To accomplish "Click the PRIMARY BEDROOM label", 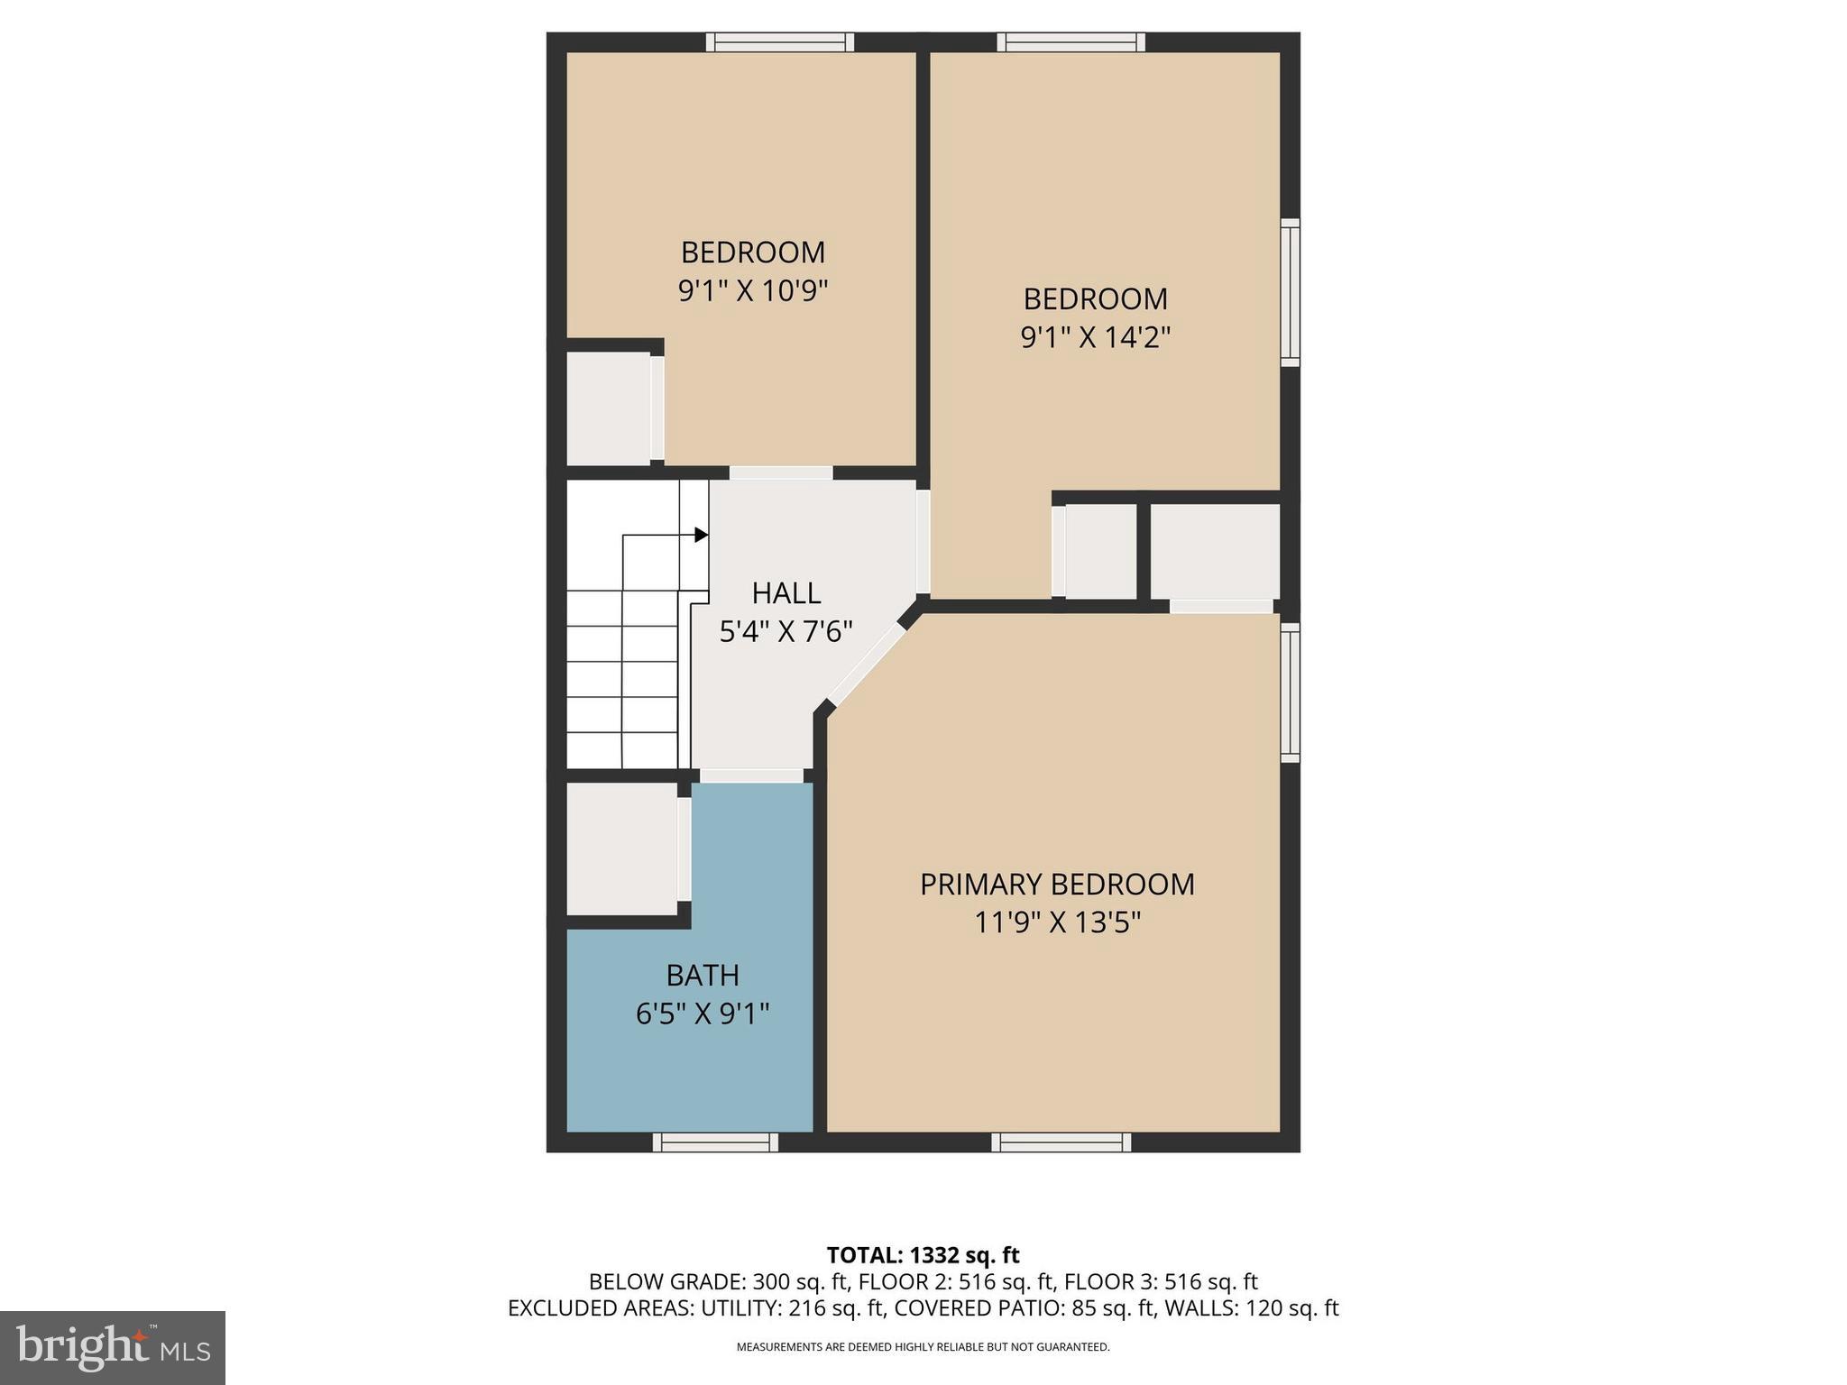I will click(x=1057, y=884).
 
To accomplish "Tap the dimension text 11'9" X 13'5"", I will click(x=1057, y=922).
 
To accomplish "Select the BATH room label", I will click(x=703, y=975).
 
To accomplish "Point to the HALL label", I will click(x=786, y=592).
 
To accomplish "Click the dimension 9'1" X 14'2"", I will click(x=1095, y=337).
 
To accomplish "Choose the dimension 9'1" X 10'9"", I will click(x=752, y=290).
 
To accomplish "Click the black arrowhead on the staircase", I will click(x=701, y=535).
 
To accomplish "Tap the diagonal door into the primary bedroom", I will click(x=867, y=665).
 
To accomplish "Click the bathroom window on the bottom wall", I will click(x=715, y=1142).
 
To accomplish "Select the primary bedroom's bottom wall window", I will click(x=1061, y=1142).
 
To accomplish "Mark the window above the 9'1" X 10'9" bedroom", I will click(x=779, y=41).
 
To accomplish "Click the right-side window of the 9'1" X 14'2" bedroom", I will click(x=1291, y=292).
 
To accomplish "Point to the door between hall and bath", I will click(x=751, y=775).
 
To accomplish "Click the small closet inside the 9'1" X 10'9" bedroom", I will click(x=608, y=408).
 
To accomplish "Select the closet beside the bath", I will click(x=620, y=848).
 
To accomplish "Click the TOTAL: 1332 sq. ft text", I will click(x=923, y=1255).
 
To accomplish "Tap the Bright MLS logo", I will click(x=112, y=1347).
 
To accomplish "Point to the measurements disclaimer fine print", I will click(x=923, y=1347).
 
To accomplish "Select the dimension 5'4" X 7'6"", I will click(x=786, y=631).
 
